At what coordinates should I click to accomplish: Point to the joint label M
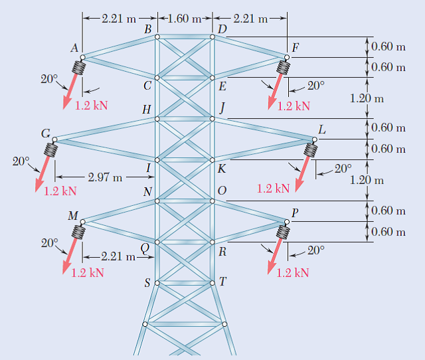(72, 215)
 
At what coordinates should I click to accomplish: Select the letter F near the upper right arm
(295, 47)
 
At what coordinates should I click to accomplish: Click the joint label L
(322, 130)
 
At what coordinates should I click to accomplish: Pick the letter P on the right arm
(295, 213)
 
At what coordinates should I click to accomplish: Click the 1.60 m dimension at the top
(185, 18)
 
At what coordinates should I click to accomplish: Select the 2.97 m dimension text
(105, 177)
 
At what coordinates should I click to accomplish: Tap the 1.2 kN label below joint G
(60, 191)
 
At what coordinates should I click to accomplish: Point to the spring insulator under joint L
(308, 149)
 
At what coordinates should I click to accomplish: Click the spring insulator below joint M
(80, 232)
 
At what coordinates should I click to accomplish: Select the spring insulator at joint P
(284, 230)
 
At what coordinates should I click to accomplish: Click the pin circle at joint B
(157, 37)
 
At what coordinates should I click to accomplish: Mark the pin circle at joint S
(157, 283)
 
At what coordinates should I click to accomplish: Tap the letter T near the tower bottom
(223, 281)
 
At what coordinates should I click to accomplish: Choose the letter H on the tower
(146, 110)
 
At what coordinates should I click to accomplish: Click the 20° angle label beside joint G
(21, 161)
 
